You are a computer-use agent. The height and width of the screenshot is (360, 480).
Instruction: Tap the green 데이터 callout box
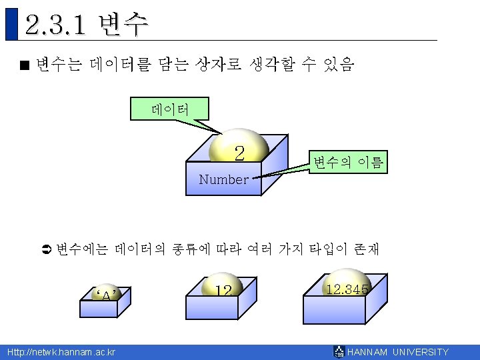(x=170, y=108)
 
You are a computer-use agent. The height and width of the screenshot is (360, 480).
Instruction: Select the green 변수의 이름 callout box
(x=348, y=162)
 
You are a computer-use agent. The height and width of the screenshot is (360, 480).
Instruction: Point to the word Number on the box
(x=223, y=179)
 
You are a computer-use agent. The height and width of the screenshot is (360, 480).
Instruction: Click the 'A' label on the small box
(x=107, y=295)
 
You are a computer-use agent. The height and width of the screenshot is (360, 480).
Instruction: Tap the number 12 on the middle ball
(x=223, y=291)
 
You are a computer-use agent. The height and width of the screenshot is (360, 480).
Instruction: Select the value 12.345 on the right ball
(x=347, y=288)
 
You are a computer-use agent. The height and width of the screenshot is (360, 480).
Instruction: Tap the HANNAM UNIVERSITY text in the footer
(x=399, y=352)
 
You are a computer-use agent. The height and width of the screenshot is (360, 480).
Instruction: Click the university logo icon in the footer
(x=339, y=352)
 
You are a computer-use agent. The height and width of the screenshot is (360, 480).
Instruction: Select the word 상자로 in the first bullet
(x=214, y=65)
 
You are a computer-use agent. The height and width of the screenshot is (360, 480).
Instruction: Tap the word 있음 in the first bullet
(x=339, y=65)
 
